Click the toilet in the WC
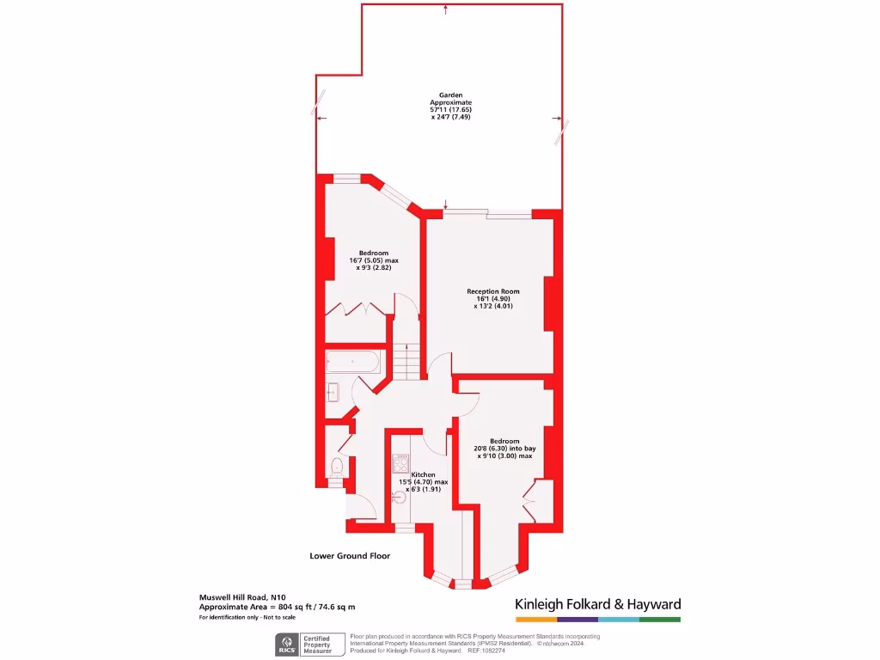(x=337, y=467)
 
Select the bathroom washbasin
(x=333, y=394)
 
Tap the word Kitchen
(x=423, y=474)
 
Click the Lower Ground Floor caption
(x=350, y=556)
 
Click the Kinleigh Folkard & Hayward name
(x=597, y=604)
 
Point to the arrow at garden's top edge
(x=446, y=9)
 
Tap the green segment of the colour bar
(x=660, y=619)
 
